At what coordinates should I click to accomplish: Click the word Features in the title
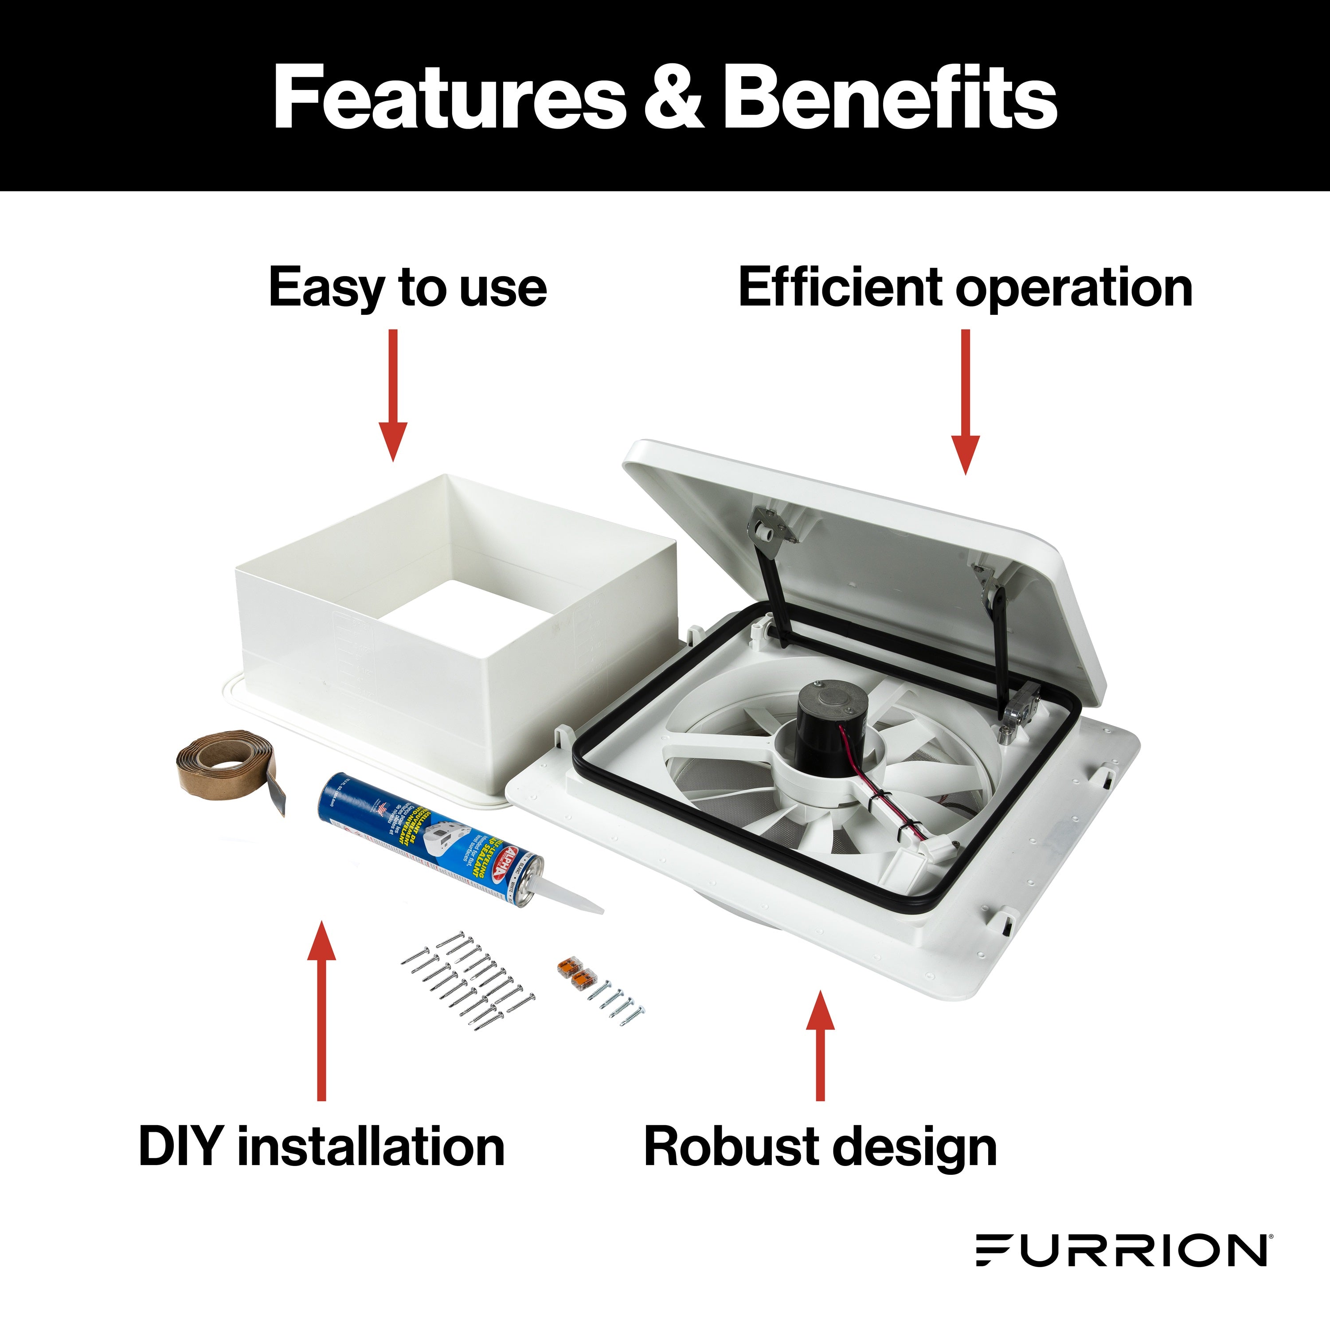(448, 97)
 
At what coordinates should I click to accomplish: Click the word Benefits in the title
(889, 97)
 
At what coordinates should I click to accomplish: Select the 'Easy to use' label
(407, 288)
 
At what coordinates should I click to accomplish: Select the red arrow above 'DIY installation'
(321, 1012)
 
